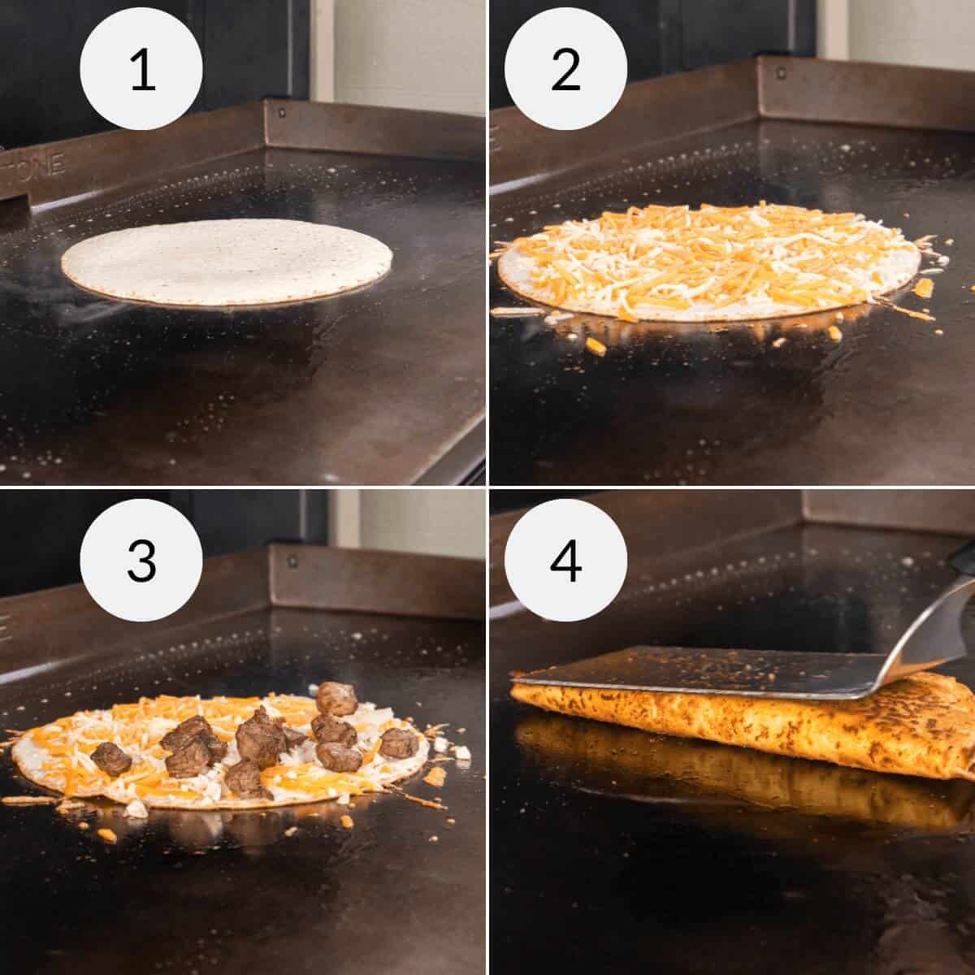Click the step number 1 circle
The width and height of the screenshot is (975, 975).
pos(141,70)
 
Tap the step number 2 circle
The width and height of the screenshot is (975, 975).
pos(565,70)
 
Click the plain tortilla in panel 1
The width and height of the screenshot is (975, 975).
pos(227,261)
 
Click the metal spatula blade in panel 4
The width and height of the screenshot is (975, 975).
pos(699,670)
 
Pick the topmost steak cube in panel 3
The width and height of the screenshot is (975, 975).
pos(336,697)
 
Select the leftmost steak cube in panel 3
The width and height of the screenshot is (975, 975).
pos(110,758)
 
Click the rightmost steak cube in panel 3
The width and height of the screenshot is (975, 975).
pos(399,742)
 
